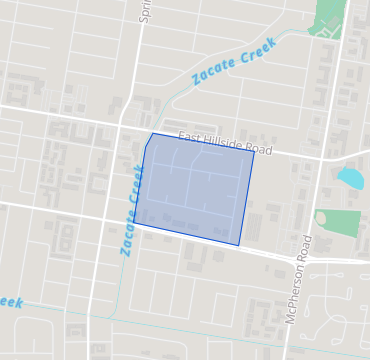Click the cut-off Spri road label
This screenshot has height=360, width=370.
point(146,11)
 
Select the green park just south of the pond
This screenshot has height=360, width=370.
point(338,221)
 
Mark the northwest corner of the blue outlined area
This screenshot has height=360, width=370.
point(152,134)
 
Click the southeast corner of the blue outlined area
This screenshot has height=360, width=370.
point(239,245)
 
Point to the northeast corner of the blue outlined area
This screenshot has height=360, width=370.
point(254,153)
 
